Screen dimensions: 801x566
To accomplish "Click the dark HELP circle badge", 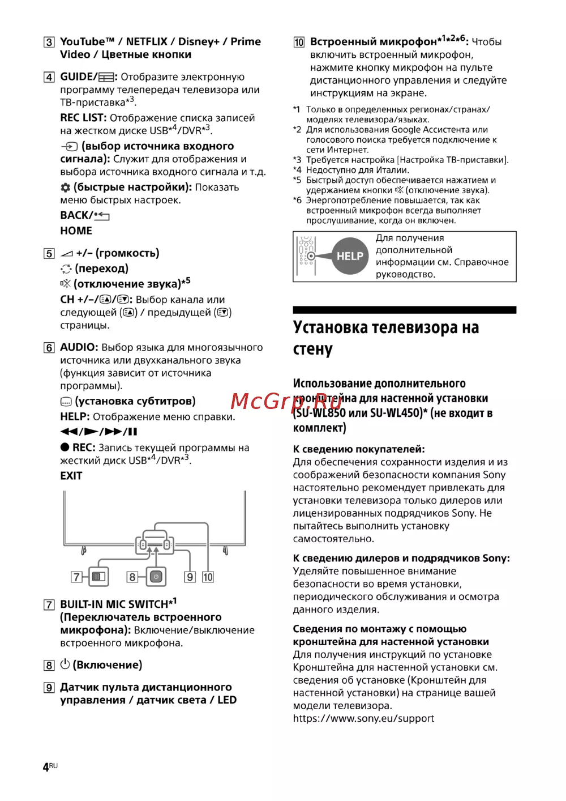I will (x=350, y=256).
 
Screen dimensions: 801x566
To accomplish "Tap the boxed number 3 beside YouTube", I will (x=49, y=42).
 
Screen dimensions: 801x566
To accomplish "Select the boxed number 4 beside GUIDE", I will (x=49, y=77).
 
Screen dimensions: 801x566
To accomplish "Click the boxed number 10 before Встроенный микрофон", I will (x=299, y=42).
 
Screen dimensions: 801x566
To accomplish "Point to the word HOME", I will (x=76, y=231).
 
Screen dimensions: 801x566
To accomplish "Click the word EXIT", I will (x=71, y=476).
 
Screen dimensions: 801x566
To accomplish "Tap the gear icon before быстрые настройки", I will (x=66, y=188).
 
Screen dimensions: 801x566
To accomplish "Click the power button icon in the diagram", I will (x=156, y=577).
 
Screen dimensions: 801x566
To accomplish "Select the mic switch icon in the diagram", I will (x=99, y=577).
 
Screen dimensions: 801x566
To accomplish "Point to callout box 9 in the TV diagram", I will (x=190, y=577).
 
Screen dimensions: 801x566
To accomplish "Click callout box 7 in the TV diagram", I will (x=76, y=577).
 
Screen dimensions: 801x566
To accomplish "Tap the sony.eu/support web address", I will (x=363, y=718).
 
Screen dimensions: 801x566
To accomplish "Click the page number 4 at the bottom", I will (x=46, y=767).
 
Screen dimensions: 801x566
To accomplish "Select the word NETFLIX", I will (x=147, y=42).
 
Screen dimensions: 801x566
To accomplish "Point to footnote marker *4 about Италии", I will (x=297, y=170).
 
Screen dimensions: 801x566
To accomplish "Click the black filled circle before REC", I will (x=65, y=448).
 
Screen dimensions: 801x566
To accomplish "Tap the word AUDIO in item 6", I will (x=79, y=347).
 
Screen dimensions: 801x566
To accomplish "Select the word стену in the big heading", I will (x=312, y=349).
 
